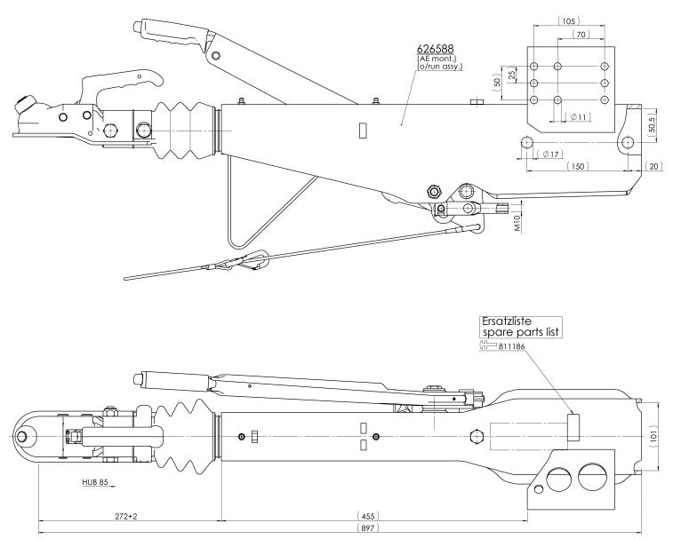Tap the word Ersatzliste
coord(507,321)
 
